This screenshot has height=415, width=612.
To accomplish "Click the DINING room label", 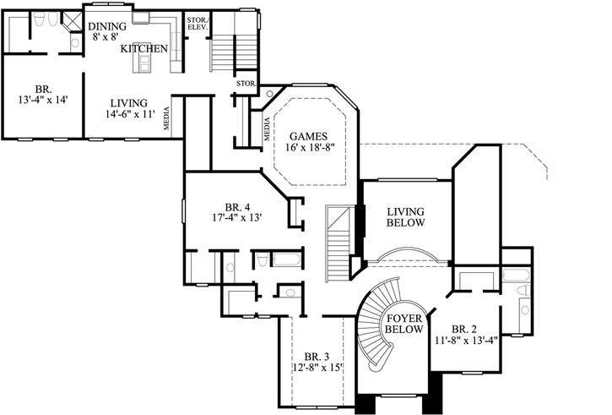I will point(107,26).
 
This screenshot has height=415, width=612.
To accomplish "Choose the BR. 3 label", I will point(317,355).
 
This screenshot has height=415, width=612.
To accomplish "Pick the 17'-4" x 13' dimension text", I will point(238,218).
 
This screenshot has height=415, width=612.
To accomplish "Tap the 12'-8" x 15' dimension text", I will point(317,368).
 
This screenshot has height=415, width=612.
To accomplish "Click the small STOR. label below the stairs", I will point(246,84).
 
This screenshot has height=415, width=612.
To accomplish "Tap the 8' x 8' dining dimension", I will point(107,38).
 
